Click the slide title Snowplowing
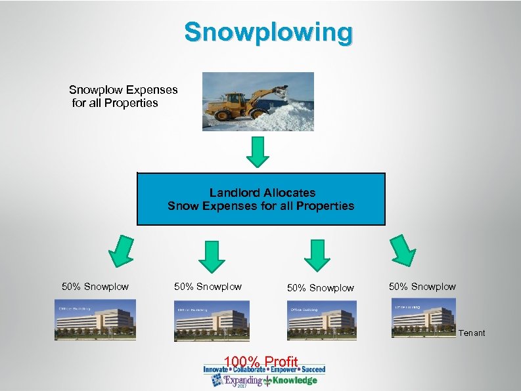pos(268,31)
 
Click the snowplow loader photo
pos(258,102)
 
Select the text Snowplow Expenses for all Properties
pos(123,96)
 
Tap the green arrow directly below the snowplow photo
pos(260,152)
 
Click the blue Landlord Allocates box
pos(261,199)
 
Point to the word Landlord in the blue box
pos(235,193)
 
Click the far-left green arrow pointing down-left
pos(120,251)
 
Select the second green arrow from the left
pos(211,255)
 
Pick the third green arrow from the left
pos(318,255)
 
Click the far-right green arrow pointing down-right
pos(403,251)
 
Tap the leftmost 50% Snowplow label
pos(95,287)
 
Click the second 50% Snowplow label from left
pos(208,287)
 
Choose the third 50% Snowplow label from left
pos(321,288)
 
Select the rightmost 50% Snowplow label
pos(422,287)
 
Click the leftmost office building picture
pos(95,319)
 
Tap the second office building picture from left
pos(212,321)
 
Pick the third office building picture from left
pos(322,321)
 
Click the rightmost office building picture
pos(424,318)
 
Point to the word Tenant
pos(472,333)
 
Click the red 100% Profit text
pos(261,361)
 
